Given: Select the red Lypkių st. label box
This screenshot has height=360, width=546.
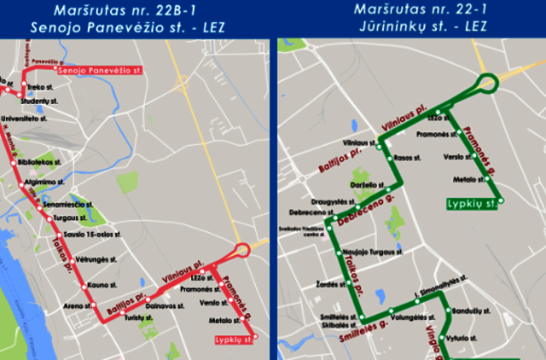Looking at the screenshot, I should [x=235, y=340].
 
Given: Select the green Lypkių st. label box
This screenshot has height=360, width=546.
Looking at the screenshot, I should [x=472, y=204].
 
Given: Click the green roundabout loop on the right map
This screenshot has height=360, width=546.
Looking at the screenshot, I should [x=488, y=83].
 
